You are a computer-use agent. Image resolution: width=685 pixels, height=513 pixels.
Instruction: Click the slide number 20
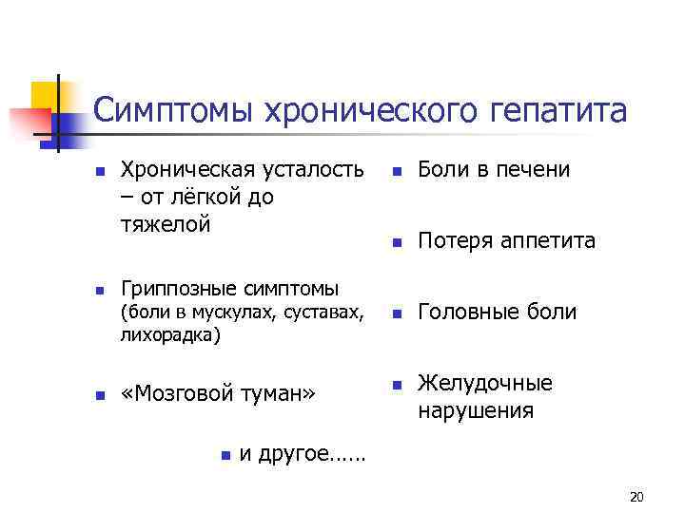point(637,497)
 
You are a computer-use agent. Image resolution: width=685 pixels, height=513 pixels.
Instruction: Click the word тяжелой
point(163,225)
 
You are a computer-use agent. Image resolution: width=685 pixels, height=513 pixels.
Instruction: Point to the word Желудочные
point(485,384)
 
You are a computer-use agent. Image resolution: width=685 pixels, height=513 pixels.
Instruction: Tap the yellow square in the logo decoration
point(46,95)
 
